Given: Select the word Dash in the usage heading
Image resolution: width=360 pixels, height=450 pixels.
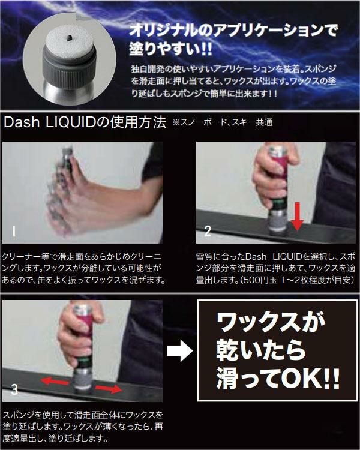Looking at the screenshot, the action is coord(22,122).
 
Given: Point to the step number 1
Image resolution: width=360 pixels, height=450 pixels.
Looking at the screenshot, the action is coord(13,231).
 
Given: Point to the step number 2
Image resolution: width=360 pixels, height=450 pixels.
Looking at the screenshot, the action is coord(208,231).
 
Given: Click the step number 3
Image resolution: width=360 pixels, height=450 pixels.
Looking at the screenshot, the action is coord(14,389).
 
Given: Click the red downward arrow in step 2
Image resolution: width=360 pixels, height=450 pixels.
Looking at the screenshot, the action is coord(298,216).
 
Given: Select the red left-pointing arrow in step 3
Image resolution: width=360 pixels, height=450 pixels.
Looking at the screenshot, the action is coord(54,382).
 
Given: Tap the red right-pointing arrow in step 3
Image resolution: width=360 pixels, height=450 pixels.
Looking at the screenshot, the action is coord(108,389).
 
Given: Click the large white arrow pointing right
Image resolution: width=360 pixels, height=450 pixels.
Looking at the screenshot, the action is coord(180,351).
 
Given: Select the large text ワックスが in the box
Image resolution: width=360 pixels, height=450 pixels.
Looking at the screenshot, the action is coord(271,322).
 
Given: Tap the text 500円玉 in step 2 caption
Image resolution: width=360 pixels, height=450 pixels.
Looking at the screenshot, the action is coord(260,280).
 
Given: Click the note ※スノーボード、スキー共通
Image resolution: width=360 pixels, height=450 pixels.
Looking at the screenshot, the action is coord(222,123).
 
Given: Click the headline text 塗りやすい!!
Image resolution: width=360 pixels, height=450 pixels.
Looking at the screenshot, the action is coord(170,49).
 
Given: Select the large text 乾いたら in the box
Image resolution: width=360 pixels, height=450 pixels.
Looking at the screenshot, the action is coord(260,350).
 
